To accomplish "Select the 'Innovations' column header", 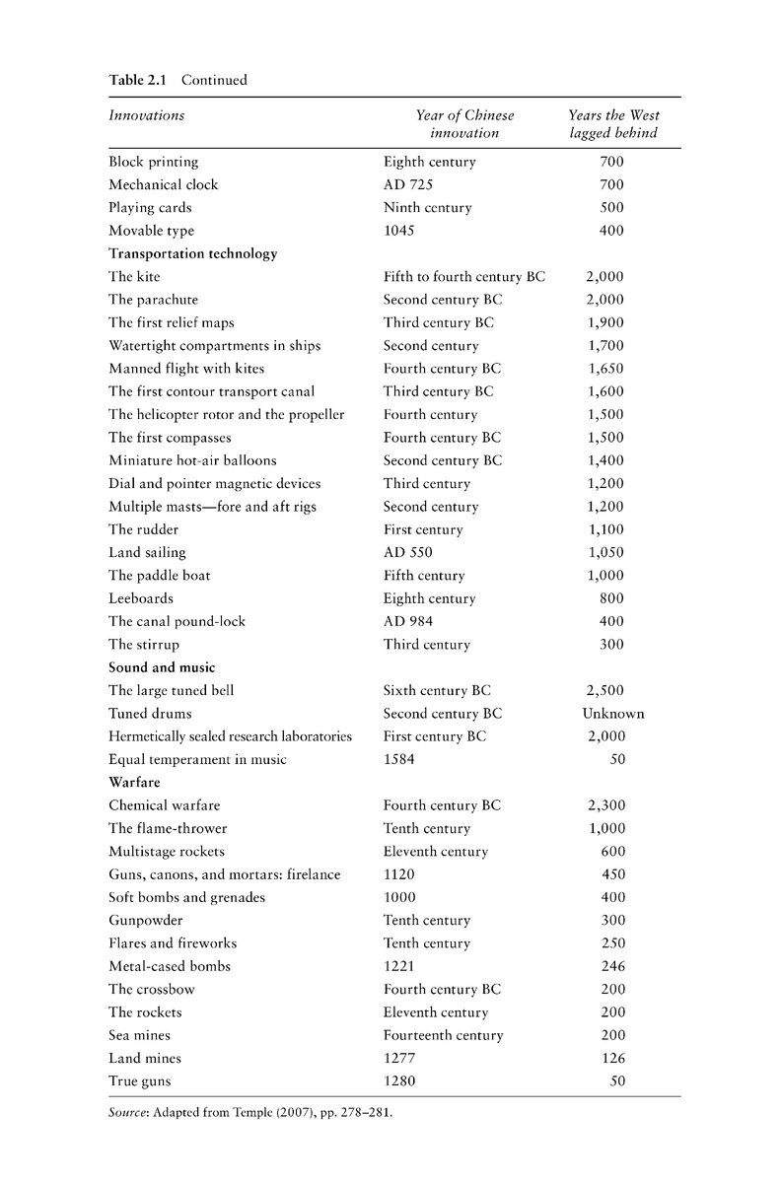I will tap(146, 115).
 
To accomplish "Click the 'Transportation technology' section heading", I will tap(192, 253).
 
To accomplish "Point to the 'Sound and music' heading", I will tap(162, 667).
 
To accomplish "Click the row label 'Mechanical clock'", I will tap(163, 184).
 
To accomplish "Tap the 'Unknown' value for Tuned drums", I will tap(612, 714).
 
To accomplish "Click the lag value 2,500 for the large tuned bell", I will tap(604, 691).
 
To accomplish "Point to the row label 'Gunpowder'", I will tap(147, 921).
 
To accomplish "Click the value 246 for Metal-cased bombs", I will tap(612, 967).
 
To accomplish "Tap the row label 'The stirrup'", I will tap(148, 645).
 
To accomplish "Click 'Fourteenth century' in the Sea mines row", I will tap(443, 1036).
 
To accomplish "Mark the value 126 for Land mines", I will tap(612, 1059).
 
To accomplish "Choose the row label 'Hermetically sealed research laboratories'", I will tap(230, 736).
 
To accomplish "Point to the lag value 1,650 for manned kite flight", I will tap(604, 369).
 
